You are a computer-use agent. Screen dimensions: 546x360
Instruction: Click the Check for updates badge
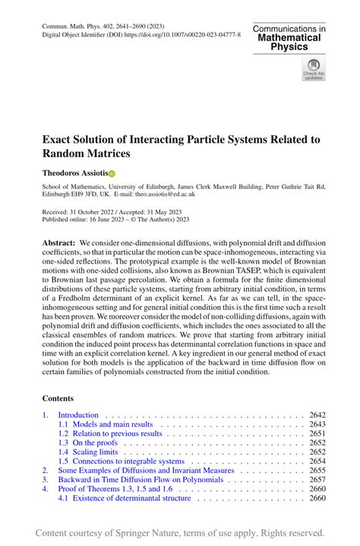pyautogui.click(x=313, y=71)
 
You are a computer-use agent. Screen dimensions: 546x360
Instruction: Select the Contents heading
pyautogui.click(x=58, y=398)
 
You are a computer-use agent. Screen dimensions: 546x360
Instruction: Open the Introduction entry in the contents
pyautogui.click(x=78, y=415)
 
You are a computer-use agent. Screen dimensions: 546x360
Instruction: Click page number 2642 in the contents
pyautogui.click(x=317, y=415)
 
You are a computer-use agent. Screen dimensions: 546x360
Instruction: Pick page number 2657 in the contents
pyautogui.click(x=317, y=479)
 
